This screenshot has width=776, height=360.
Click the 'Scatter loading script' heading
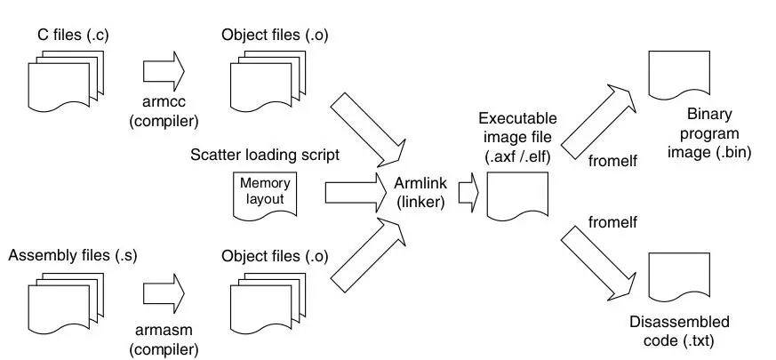[x=264, y=154]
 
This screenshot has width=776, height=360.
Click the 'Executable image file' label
[x=517, y=134]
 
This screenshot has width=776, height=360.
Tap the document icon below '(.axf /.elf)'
[x=516, y=196]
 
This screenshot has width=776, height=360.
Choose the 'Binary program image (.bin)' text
[x=712, y=133]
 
